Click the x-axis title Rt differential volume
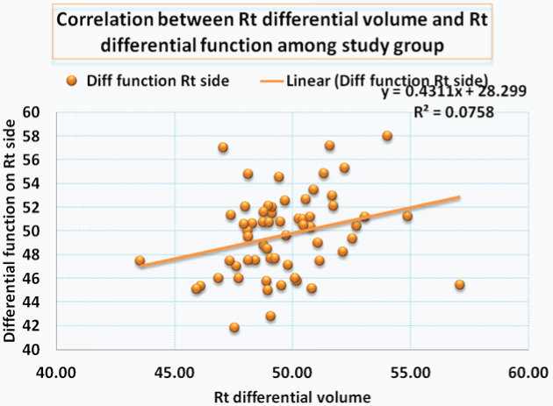pos(291,395)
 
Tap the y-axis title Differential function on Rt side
pos(11,231)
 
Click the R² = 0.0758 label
pos(452,111)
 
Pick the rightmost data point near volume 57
pos(459,285)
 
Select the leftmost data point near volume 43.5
pos(140,261)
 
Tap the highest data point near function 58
pos(387,136)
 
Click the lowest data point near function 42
pos(234,327)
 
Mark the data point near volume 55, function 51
pos(407,216)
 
